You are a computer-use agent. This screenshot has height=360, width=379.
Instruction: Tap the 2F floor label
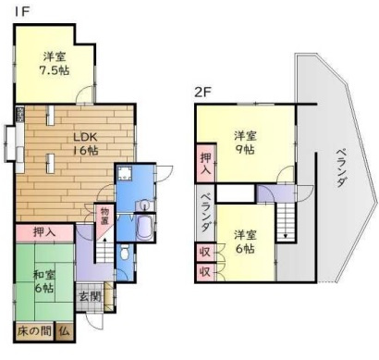(202, 92)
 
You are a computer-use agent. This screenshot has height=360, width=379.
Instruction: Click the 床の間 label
(32, 330)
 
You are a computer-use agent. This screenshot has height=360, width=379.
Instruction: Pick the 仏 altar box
(64, 330)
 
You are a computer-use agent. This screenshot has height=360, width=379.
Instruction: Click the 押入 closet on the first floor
(43, 231)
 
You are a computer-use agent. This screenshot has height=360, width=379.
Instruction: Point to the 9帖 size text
(244, 148)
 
